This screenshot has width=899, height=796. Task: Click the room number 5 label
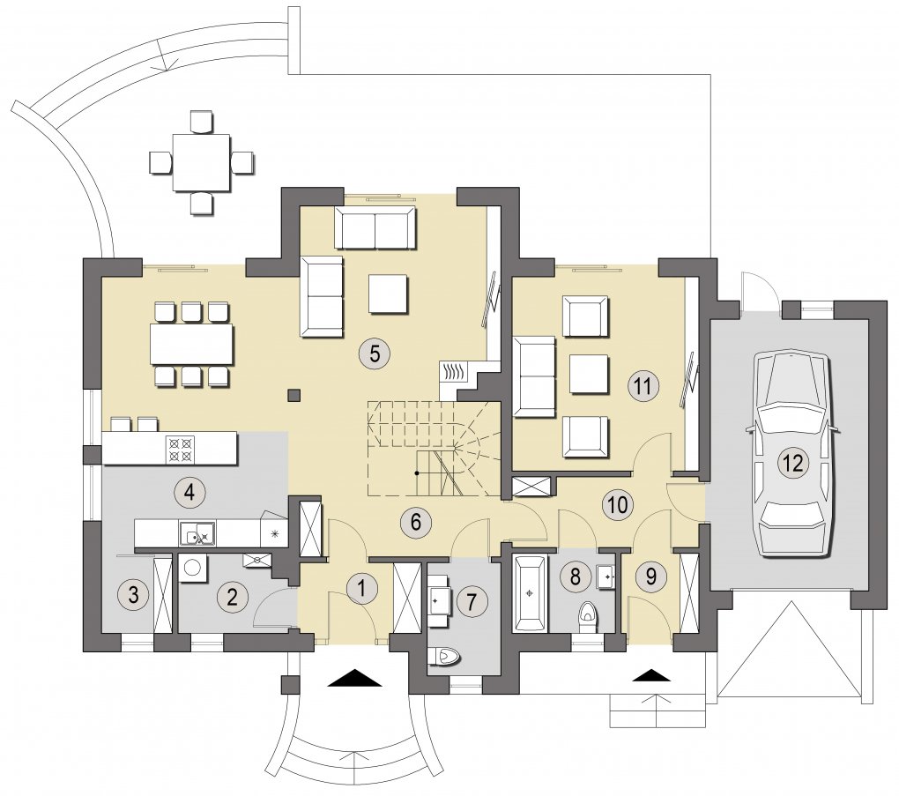click(375, 353)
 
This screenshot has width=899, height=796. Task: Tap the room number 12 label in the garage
click(794, 462)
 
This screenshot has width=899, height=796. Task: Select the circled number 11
click(643, 386)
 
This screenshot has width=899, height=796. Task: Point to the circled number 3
click(133, 594)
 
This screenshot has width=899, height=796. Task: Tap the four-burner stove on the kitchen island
click(180, 449)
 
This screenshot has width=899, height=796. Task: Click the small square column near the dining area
click(294, 395)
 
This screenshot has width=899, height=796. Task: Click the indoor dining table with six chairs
click(193, 344)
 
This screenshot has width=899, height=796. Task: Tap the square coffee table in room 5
click(389, 294)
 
